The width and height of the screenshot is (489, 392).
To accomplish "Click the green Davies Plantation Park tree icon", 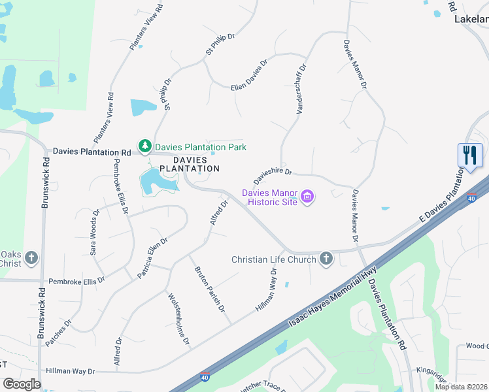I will (143, 146).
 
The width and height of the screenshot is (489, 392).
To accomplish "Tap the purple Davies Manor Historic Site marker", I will (307, 197).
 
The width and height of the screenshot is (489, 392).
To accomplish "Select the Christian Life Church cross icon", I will (326, 259).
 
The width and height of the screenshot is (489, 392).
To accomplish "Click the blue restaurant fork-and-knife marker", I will (470, 156).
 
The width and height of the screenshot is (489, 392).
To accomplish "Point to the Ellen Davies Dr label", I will (250, 76).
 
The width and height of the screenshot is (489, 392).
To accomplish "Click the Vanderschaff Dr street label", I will (301, 90).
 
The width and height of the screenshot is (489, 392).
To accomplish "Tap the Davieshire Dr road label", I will (273, 176).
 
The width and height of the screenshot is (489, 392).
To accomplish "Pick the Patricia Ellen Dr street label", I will (153, 258).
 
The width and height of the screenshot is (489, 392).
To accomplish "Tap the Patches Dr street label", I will (59, 333).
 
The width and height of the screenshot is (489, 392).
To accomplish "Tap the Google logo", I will (22, 384).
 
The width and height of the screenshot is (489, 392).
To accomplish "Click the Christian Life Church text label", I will (274, 259).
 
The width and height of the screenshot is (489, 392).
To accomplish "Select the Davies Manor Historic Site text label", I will (270, 197).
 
